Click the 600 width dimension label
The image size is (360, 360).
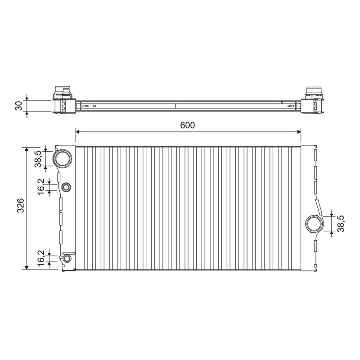pos(187,126)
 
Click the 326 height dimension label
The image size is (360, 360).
pos(21,205)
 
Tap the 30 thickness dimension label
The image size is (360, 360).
pos(19,106)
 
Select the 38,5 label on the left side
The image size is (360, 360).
pos(38,159)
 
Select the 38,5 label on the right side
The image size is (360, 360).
pos(341,224)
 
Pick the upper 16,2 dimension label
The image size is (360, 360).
pos(41,187)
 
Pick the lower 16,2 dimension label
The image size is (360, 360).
pos(41,258)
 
